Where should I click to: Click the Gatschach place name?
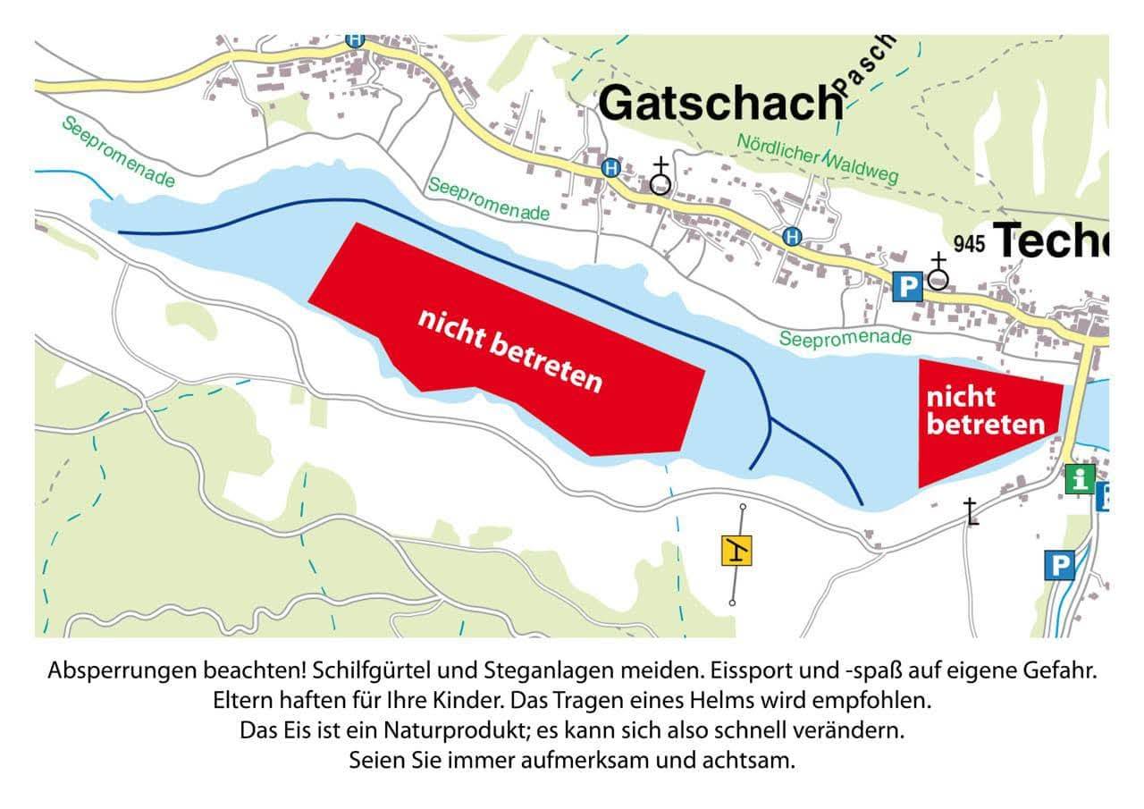tap(720, 103)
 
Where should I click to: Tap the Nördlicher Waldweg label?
tap(817, 159)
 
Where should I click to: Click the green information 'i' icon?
tap(1080, 478)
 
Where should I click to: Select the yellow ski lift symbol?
tap(736, 552)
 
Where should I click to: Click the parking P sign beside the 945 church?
tap(907, 287)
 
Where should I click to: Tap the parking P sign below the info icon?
tap(1060, 565)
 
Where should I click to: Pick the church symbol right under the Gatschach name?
tap(660, 178)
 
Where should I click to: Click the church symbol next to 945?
tap(938, 272)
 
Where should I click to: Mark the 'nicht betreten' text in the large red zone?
tap(510, 350)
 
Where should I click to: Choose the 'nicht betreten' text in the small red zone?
tap(985, 410)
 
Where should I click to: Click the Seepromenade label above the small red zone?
tap(845, 338)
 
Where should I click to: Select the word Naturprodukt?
tap(456, 729)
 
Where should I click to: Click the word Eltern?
tap(240, 695)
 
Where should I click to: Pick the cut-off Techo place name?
tap(1051, 240)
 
